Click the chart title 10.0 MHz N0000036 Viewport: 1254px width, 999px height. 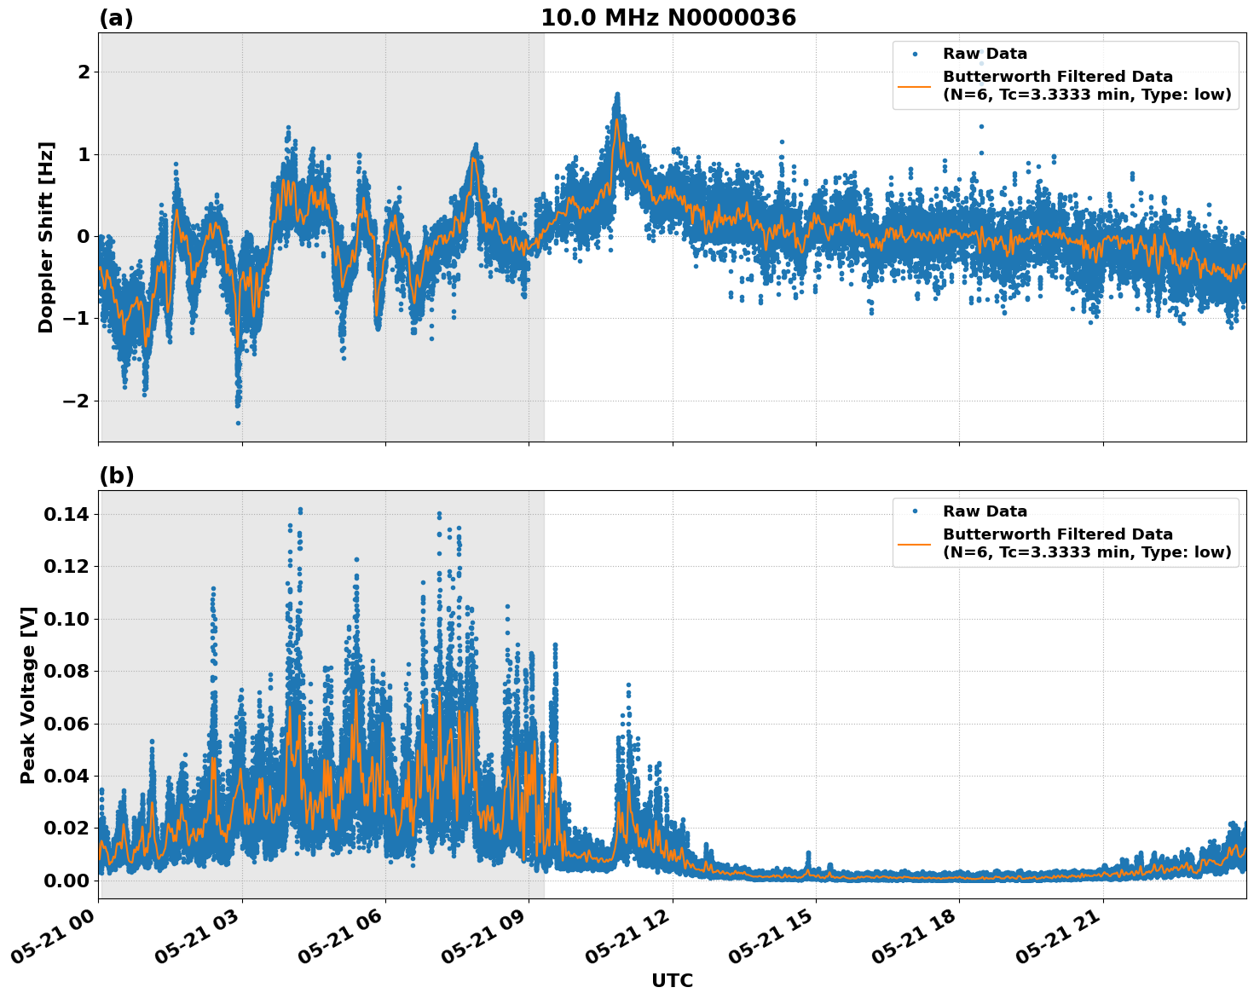pyautogui.click(x=667, y=18)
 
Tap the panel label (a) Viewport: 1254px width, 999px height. pyautogui.click(x=116, y=18)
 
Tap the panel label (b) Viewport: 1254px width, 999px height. pyautogui.click(x=116, y=476)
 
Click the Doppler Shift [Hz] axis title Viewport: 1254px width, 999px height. pyautogui.click(x=46, y=237)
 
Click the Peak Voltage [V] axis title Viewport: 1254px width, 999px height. pyautogui.click(x=28, y=695)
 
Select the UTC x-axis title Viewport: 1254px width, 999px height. pyautogui.click(x=672, y=980)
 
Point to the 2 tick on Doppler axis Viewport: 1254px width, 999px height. pyautogui.click(x=84, y=72)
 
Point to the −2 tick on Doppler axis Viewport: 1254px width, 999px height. pyautogui.click(x=77, y=401)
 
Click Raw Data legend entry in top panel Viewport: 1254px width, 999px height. pyautogui.click(x=985, y=54)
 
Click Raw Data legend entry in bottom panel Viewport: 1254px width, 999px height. pyautogui.click(x=985, y=511)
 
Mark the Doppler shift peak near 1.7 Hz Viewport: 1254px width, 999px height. pyautogui.click(x=617, y=95)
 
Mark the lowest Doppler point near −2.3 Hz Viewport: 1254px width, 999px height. pyautogui.click(x=238, y=423)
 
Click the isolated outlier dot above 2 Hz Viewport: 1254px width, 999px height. pyautogui.click(x=981, y=62)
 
